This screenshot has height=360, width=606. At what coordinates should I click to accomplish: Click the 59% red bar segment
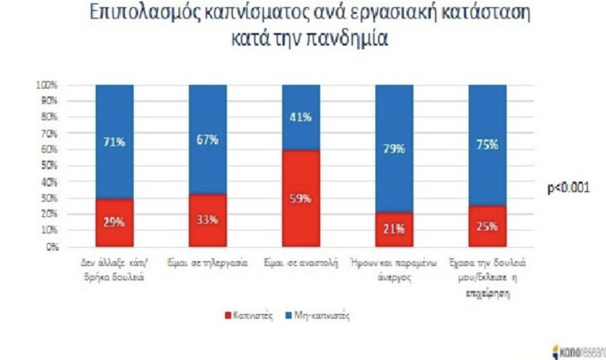tap(300, 199)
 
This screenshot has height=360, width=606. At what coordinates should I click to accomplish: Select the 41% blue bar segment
tap(300, 118)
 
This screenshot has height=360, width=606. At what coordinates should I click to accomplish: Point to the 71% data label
tap(114, 142)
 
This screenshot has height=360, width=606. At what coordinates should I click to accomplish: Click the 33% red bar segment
tap(208, 220)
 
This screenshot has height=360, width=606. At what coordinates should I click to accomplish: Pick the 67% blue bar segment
tap(208, 140)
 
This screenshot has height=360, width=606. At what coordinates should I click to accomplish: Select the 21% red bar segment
tap(393, 229)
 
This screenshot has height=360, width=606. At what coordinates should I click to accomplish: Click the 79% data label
tap(393, 149)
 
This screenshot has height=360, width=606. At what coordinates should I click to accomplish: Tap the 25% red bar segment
tap(487, 226)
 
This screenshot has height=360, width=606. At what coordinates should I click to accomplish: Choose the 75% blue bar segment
tap(487, 145)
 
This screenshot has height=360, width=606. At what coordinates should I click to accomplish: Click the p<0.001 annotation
tap(568, 187)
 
